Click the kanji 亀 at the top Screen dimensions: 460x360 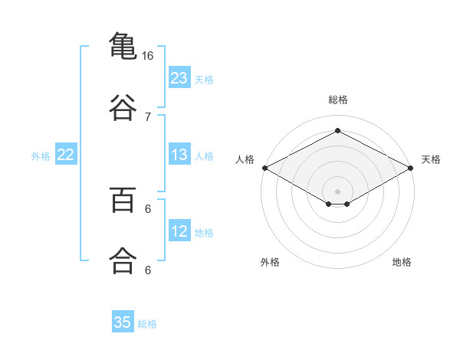pyautogui.click(x=123, y=46)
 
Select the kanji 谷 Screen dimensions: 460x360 pyautogui.click(x=123, y=107)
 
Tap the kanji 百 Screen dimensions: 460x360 pyautogui.click(x=123, y=200)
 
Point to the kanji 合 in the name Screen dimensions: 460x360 pyautogui.click(x=123, y=260)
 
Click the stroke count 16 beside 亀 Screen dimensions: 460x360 pyautogui.click(x=147, y=56)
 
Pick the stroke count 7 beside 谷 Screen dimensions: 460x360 pyautogui.click(x=148, y=117)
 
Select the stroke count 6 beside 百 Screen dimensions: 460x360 pyautogui.click(x=148, y=209)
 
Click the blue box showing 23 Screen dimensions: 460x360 pyautogui.click(x=179, y=77)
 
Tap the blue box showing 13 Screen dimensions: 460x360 pyautogui.click(x=179, y=154)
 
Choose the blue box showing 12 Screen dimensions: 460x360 pyautogui.click(x=179, y=230)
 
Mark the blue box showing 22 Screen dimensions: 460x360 pyautogui.click(x=66, y=154)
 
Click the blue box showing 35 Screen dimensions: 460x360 pyautogui.click(x=123, y=321)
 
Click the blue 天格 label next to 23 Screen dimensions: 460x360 pyautogui.click(x=204, y=80)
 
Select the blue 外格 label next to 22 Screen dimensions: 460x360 pyautogui.click(x=41, y=156)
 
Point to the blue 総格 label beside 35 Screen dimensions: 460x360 pyautogui.click(x=147, y=324)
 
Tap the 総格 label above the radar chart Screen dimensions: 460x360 pyautogui.click(x=338, y=100)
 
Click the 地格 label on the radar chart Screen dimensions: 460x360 pyautogui.click(x=402, y=262)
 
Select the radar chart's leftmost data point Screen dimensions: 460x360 pyautogui.click(x=265, y=168)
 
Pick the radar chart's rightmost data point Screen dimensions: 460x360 pyautogui.click(x=411, y=168)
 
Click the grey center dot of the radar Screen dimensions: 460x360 pyautogui.click(x=337, y=191)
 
